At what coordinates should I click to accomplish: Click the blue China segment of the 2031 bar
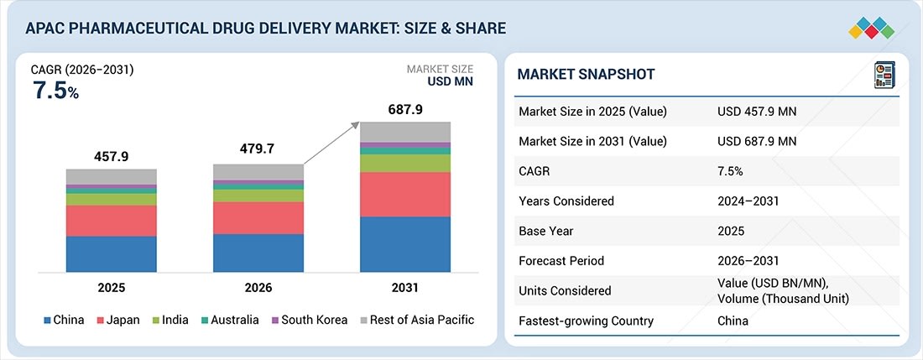point(405,243)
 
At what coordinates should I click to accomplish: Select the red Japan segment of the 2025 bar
point(112,221)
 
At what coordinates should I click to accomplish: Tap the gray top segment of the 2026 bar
point(258,172)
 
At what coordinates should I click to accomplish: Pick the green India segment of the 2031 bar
point(405,163)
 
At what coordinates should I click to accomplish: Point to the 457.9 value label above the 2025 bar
point(112,157)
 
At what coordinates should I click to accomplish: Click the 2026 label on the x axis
point(258,288)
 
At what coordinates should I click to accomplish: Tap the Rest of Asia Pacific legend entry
point(417,320)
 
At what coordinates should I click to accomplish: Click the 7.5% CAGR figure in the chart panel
point(55,91)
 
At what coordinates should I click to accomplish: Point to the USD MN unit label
point(450,82)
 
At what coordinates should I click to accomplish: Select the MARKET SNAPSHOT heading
point(586,75)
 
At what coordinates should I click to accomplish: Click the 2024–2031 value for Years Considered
point(749,201)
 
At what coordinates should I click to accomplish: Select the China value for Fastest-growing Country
point(733,321)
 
